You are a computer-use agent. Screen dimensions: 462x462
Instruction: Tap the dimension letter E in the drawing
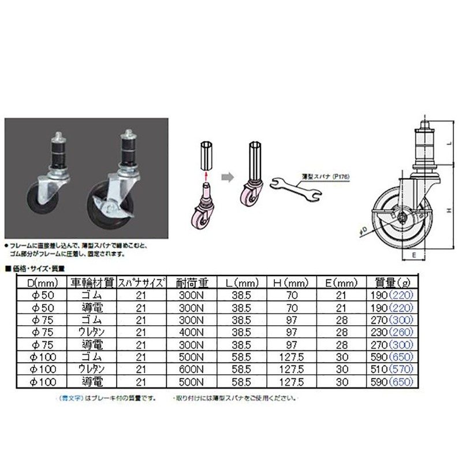click(413, 253)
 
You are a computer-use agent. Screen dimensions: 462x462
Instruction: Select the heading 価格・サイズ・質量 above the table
click(37, 267)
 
